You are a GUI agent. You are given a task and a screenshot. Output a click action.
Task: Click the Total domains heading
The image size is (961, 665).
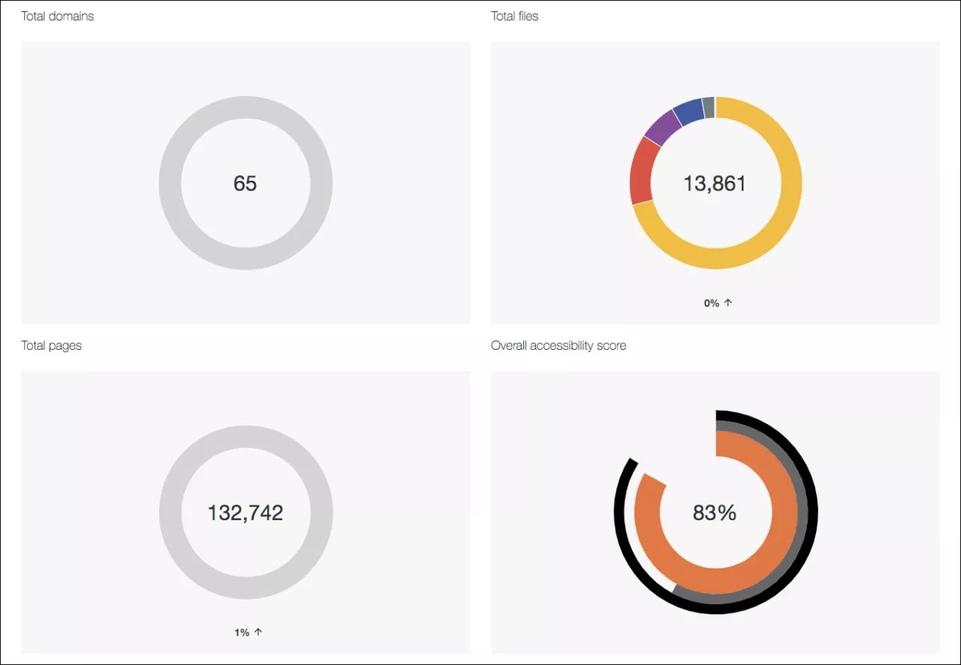coord(57,16)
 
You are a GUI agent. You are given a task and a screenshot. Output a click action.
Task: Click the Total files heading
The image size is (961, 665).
coord(514,16)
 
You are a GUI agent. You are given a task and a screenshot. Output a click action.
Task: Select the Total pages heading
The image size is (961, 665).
coord(51,345)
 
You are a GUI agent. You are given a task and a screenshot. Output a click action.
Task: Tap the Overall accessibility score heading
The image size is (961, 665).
coord(558,345)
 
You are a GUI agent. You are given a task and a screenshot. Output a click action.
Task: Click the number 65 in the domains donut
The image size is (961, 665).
coord(245,183)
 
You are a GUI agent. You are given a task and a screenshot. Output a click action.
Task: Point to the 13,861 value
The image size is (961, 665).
coord(715,183)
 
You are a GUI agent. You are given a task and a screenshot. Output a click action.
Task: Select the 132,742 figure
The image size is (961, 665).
coord(245,513)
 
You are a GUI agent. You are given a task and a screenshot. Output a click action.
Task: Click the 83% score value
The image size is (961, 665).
coord(714,513)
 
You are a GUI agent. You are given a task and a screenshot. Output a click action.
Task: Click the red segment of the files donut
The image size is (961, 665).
coord(641,171)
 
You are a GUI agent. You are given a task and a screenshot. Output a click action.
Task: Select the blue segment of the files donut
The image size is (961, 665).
coord(688,112)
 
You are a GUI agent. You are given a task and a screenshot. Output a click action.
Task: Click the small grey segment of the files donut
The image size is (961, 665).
coord(708,107)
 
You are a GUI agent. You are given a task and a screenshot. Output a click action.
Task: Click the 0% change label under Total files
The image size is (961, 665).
coord(712,303)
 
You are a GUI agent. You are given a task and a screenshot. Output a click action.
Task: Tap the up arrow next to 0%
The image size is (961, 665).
coord(728,302)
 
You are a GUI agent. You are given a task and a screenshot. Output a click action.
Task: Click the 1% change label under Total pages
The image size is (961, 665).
coord(242,633)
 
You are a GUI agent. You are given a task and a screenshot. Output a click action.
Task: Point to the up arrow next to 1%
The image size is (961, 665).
coord(258,632)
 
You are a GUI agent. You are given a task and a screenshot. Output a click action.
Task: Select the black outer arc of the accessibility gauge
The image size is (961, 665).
coord(812,518)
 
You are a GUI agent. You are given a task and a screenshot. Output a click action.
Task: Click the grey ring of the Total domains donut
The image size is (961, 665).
coord(170,183)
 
